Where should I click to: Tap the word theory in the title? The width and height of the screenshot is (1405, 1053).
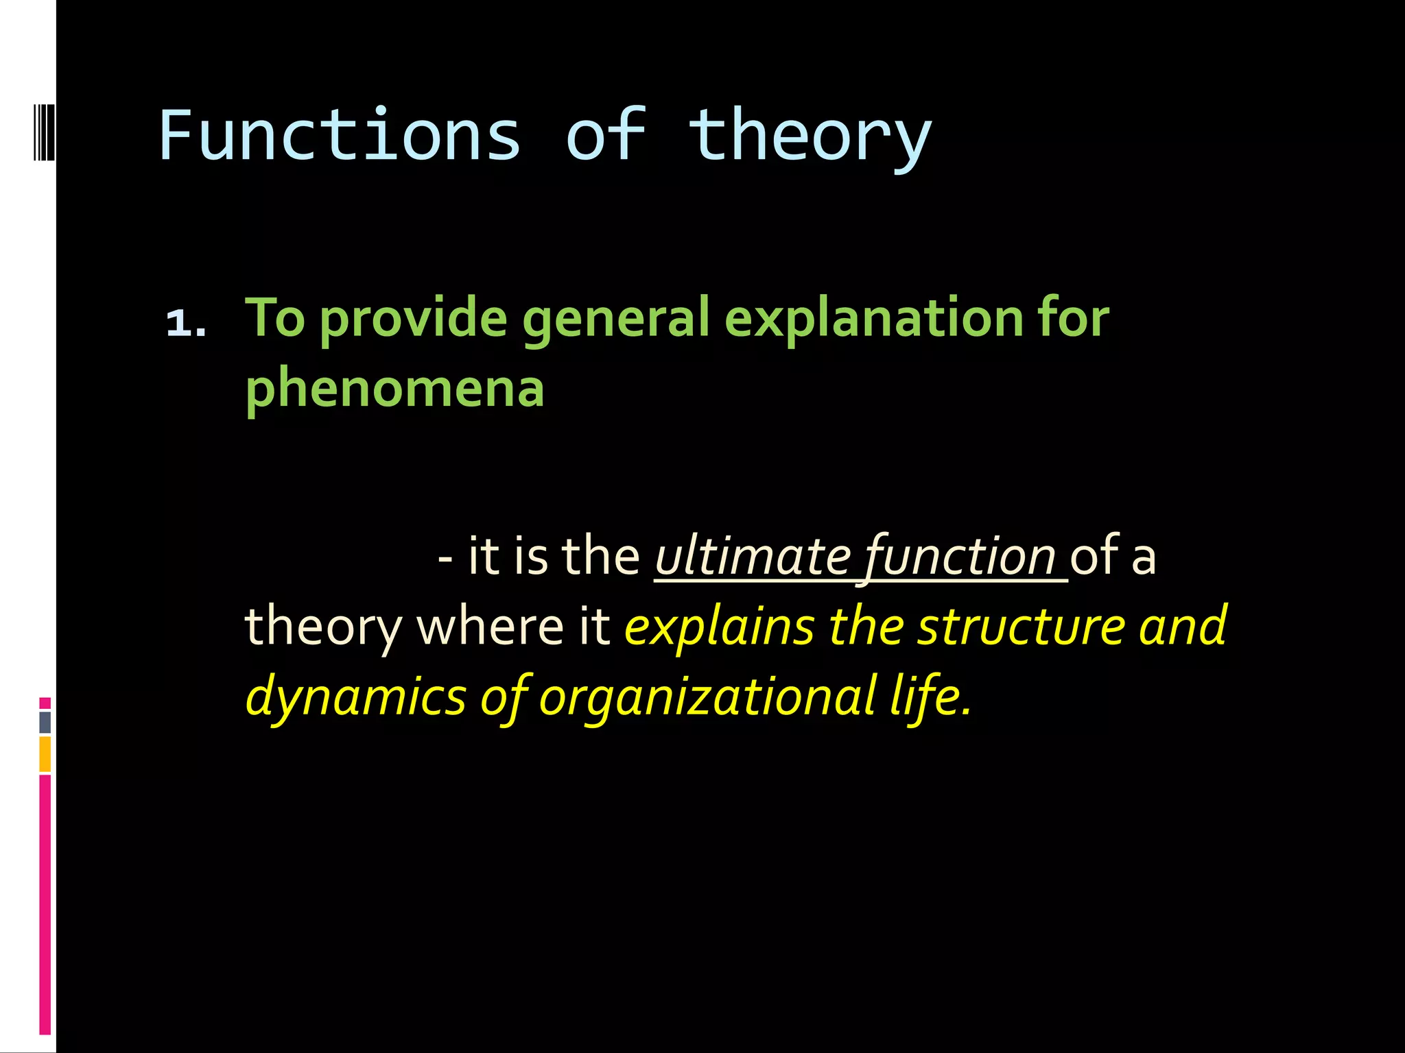tap(810, 137)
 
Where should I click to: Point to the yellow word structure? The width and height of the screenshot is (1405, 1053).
tap(1022, 626)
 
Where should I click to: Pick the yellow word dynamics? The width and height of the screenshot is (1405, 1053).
tap(356, 696)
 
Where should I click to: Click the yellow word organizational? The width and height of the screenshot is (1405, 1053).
tap(707, 696)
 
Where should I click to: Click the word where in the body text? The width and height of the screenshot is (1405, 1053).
tap(490, 626)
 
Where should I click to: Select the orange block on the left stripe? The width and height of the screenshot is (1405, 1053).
tap(45, 753)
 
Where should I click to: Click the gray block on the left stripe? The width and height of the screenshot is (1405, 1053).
tap(45, 722)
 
